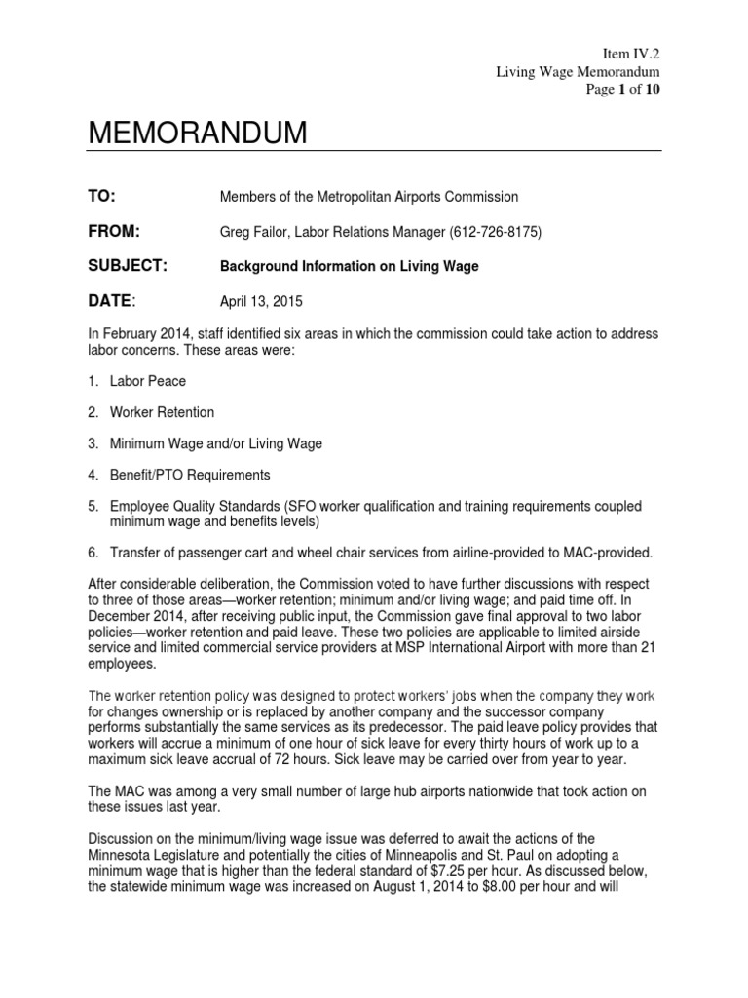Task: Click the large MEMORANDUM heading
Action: click(x=197, y=134)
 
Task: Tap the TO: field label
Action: click(x=102, y=197)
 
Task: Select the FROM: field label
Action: click(x=115, y=231)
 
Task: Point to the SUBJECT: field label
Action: click(x=128, y=265)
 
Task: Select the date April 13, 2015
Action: click(x=261, y=301)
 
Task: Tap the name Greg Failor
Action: click(x=253, y=232)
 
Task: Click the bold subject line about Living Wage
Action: click(x=351, y=266)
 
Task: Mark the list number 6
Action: click(x=93, y=553)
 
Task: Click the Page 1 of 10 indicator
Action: click(x=625, y=88)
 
